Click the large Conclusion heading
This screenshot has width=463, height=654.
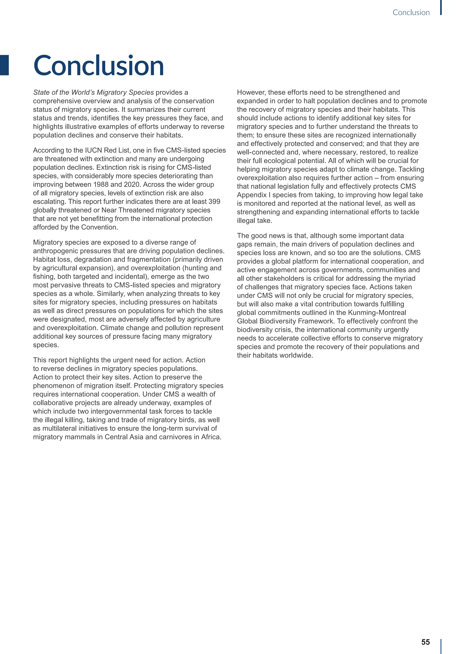pyautogui.click(x=99, y=65)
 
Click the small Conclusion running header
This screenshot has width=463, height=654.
pyautogui.click(x=411, y=12)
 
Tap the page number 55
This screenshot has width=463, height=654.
pyautogui.click(x=425, y=642)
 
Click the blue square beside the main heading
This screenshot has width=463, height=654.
pyautogui.click(x=4, y=65)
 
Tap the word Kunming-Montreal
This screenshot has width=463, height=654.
pyautogui.click(x=377, y=313)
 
